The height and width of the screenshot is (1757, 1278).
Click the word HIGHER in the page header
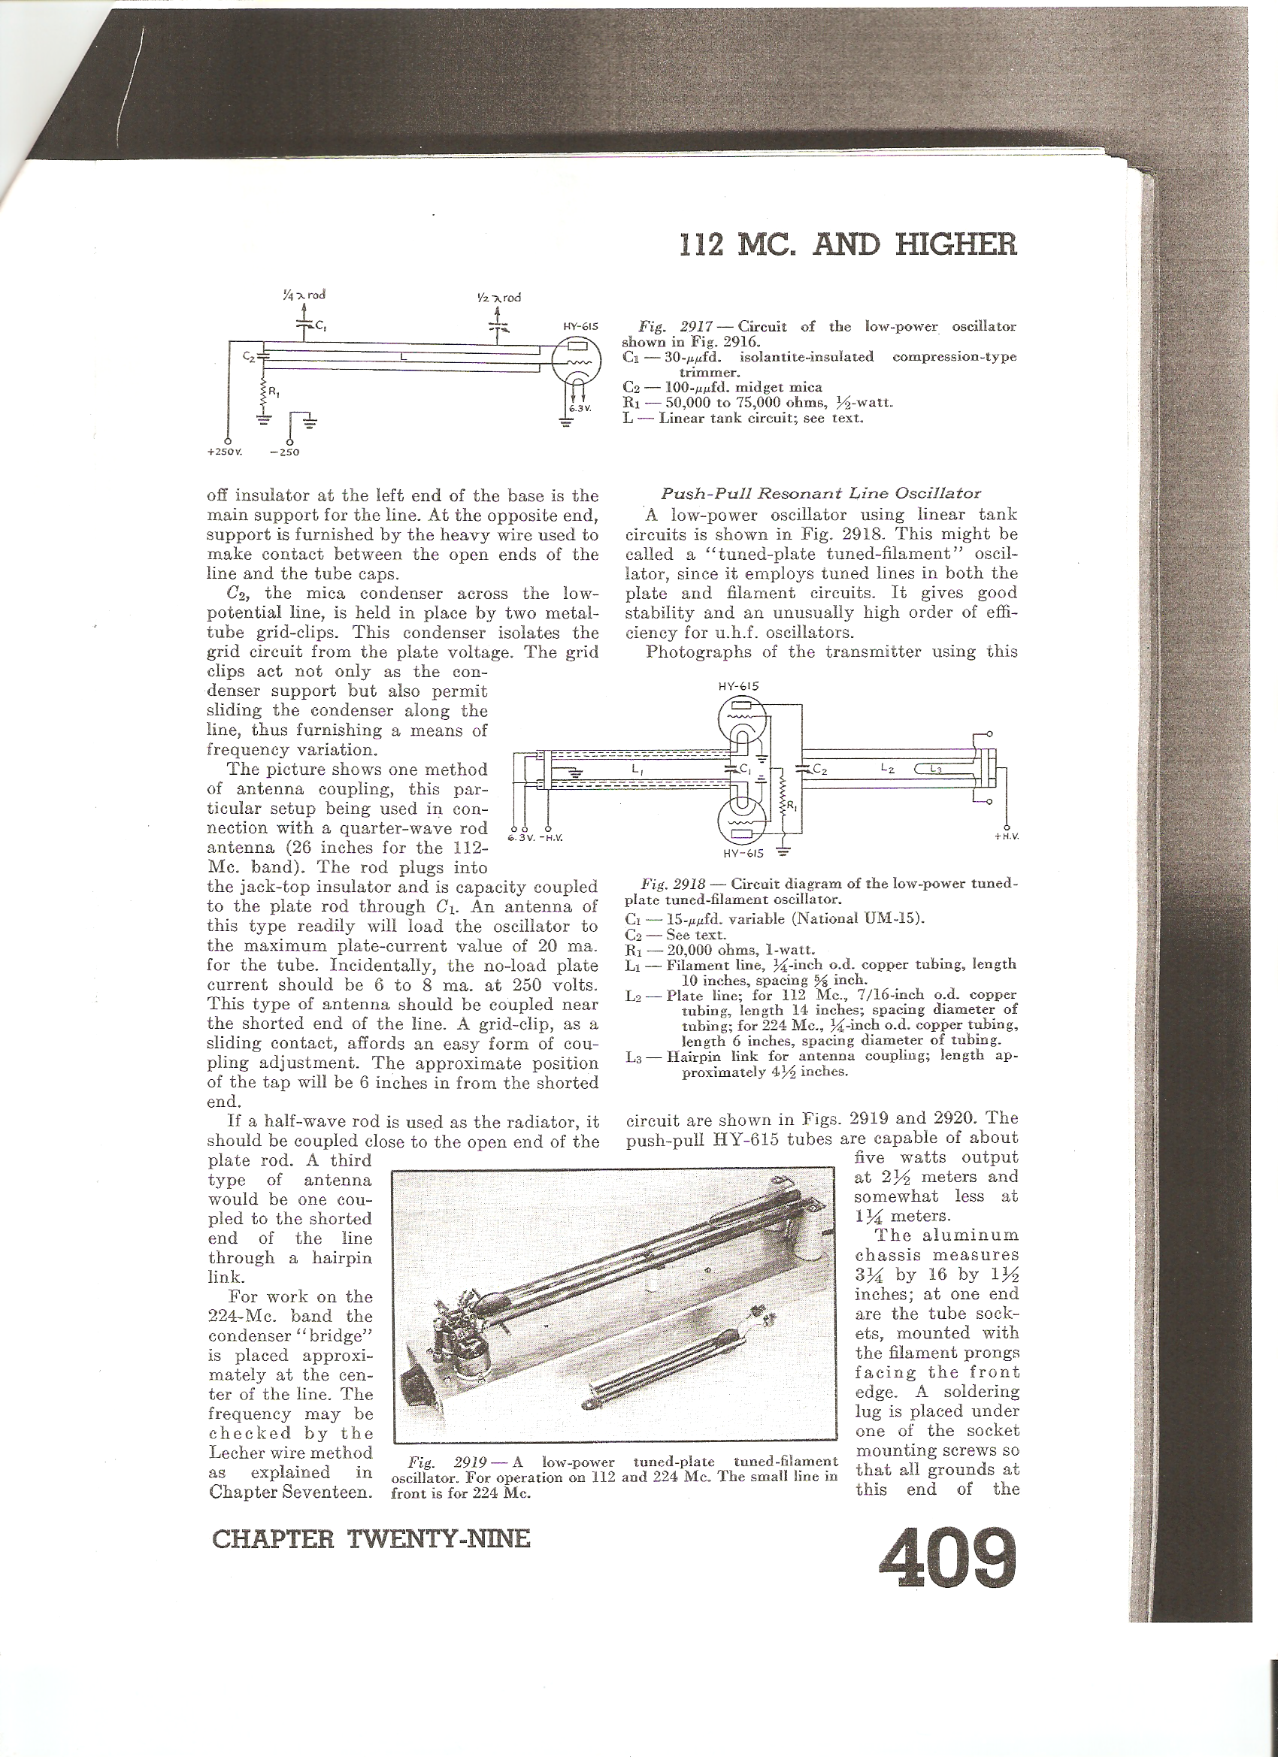click(x=955, y=245)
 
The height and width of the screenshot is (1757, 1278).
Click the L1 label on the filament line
click(x=636, y=770)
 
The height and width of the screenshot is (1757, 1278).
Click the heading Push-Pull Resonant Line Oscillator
click(x=821, y=494)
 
